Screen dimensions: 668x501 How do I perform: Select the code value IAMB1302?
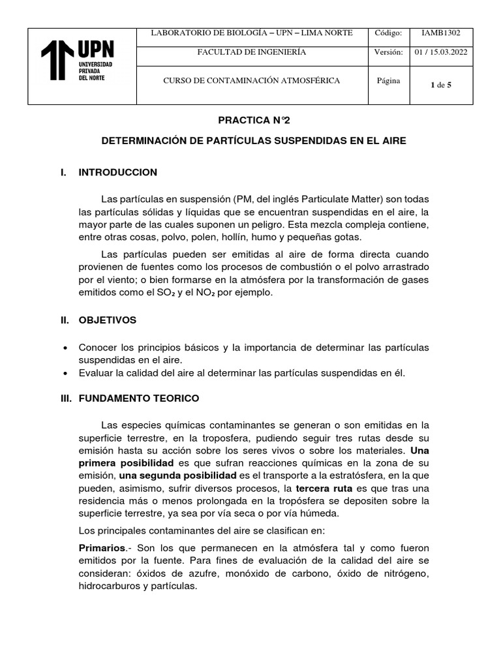[442, 33]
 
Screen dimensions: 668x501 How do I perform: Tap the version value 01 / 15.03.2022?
[442, 52]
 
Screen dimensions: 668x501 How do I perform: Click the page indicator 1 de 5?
[442, 84]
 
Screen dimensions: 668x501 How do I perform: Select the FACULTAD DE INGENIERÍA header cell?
[252, 52]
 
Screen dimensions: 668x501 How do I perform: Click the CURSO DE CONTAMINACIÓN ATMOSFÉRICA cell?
[252, 81]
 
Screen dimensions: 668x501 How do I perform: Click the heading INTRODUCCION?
[118, 172]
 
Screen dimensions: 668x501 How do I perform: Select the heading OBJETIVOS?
[108, 320]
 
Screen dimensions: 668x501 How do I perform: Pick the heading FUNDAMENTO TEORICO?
[139, 398]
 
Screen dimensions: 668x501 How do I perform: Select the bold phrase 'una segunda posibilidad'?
[178, 476]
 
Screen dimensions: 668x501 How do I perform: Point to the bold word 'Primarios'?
[101, 548]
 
